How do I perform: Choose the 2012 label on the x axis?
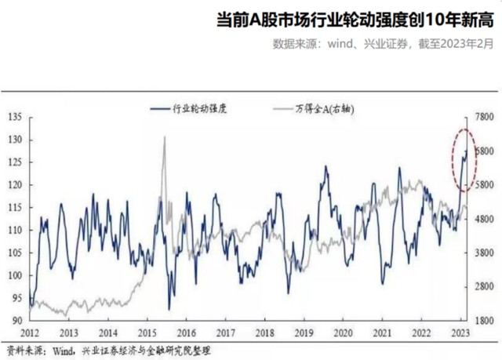(29, 333)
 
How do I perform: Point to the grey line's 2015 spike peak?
(164, 138)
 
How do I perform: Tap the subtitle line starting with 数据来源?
(384, 44)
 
